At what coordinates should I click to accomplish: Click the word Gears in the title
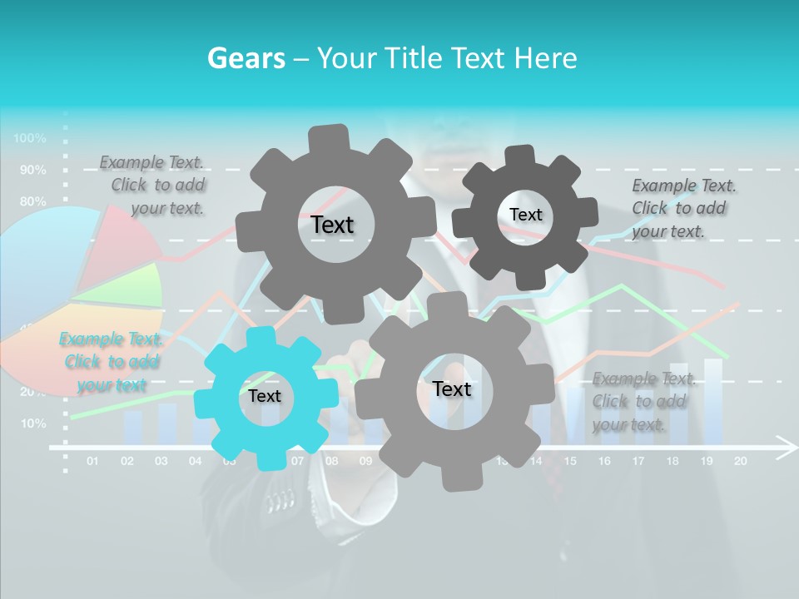click(245, 58)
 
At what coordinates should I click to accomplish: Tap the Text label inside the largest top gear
click(332, 225)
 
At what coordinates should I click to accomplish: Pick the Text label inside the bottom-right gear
click(451, 389)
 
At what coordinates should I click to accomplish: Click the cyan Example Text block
click(110, 362)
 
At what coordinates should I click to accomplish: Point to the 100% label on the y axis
click(30, 137)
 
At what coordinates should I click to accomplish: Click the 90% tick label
click(32, 170)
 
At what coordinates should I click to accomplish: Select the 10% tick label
click(32, 423)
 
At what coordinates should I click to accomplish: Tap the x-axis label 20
click(740, 460)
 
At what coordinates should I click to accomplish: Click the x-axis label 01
click(92, 460)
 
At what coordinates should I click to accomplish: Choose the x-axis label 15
click(570, 460)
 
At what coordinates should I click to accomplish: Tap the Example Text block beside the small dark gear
click(678, 208)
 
